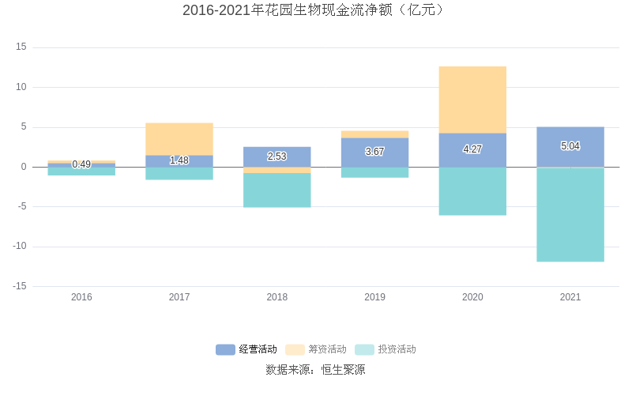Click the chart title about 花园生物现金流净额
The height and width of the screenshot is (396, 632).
(314, 10)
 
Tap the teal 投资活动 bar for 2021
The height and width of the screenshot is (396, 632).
(570, 214)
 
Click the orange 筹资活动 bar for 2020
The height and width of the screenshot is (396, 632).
(472, 100)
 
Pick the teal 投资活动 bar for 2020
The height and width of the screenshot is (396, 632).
(472, 191)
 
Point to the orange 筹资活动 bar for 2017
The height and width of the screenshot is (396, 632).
(179, 139)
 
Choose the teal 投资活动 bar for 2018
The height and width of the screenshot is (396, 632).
(276, 190)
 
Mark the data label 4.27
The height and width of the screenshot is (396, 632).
(472, 149)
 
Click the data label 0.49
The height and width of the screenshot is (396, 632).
(81, 164)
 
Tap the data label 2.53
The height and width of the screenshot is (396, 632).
(276, 157)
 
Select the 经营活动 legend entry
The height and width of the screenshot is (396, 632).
(246, 349)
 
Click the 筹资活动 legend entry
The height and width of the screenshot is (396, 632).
(316, 349)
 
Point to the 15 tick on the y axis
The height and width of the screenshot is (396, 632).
(21, 47)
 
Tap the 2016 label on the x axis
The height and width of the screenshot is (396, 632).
(81, 297)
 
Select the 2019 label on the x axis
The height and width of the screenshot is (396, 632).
(374, 297)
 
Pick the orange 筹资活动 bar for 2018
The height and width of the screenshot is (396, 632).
(276, 170)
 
